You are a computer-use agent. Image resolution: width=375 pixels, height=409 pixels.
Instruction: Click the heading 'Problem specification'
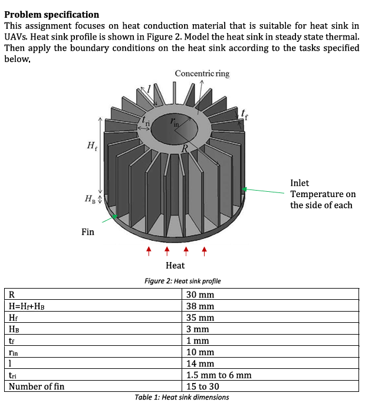click(x=52, y=14)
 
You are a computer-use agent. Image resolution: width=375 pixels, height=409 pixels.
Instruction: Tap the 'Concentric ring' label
click(x=202, y=73)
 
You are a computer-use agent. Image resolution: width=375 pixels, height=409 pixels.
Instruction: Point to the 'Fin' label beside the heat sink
click(x=88, y=232)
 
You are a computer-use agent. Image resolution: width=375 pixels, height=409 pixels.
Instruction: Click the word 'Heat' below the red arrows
click(x=175, y=266)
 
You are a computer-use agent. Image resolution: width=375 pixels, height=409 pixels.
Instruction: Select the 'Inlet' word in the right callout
click(x=300, y=183)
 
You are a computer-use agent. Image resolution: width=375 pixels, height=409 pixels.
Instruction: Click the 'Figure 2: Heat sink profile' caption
click(x=183, y=281)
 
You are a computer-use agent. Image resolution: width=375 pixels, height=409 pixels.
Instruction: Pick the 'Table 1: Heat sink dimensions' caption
click(x=182, y=397)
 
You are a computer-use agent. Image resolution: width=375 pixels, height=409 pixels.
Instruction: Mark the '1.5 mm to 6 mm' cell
click(x=219, y=375)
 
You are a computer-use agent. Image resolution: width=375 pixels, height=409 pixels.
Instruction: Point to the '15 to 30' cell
click(x=204, y=387)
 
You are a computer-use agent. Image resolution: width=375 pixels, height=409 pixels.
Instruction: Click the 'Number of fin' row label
click(x=37, y=387)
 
